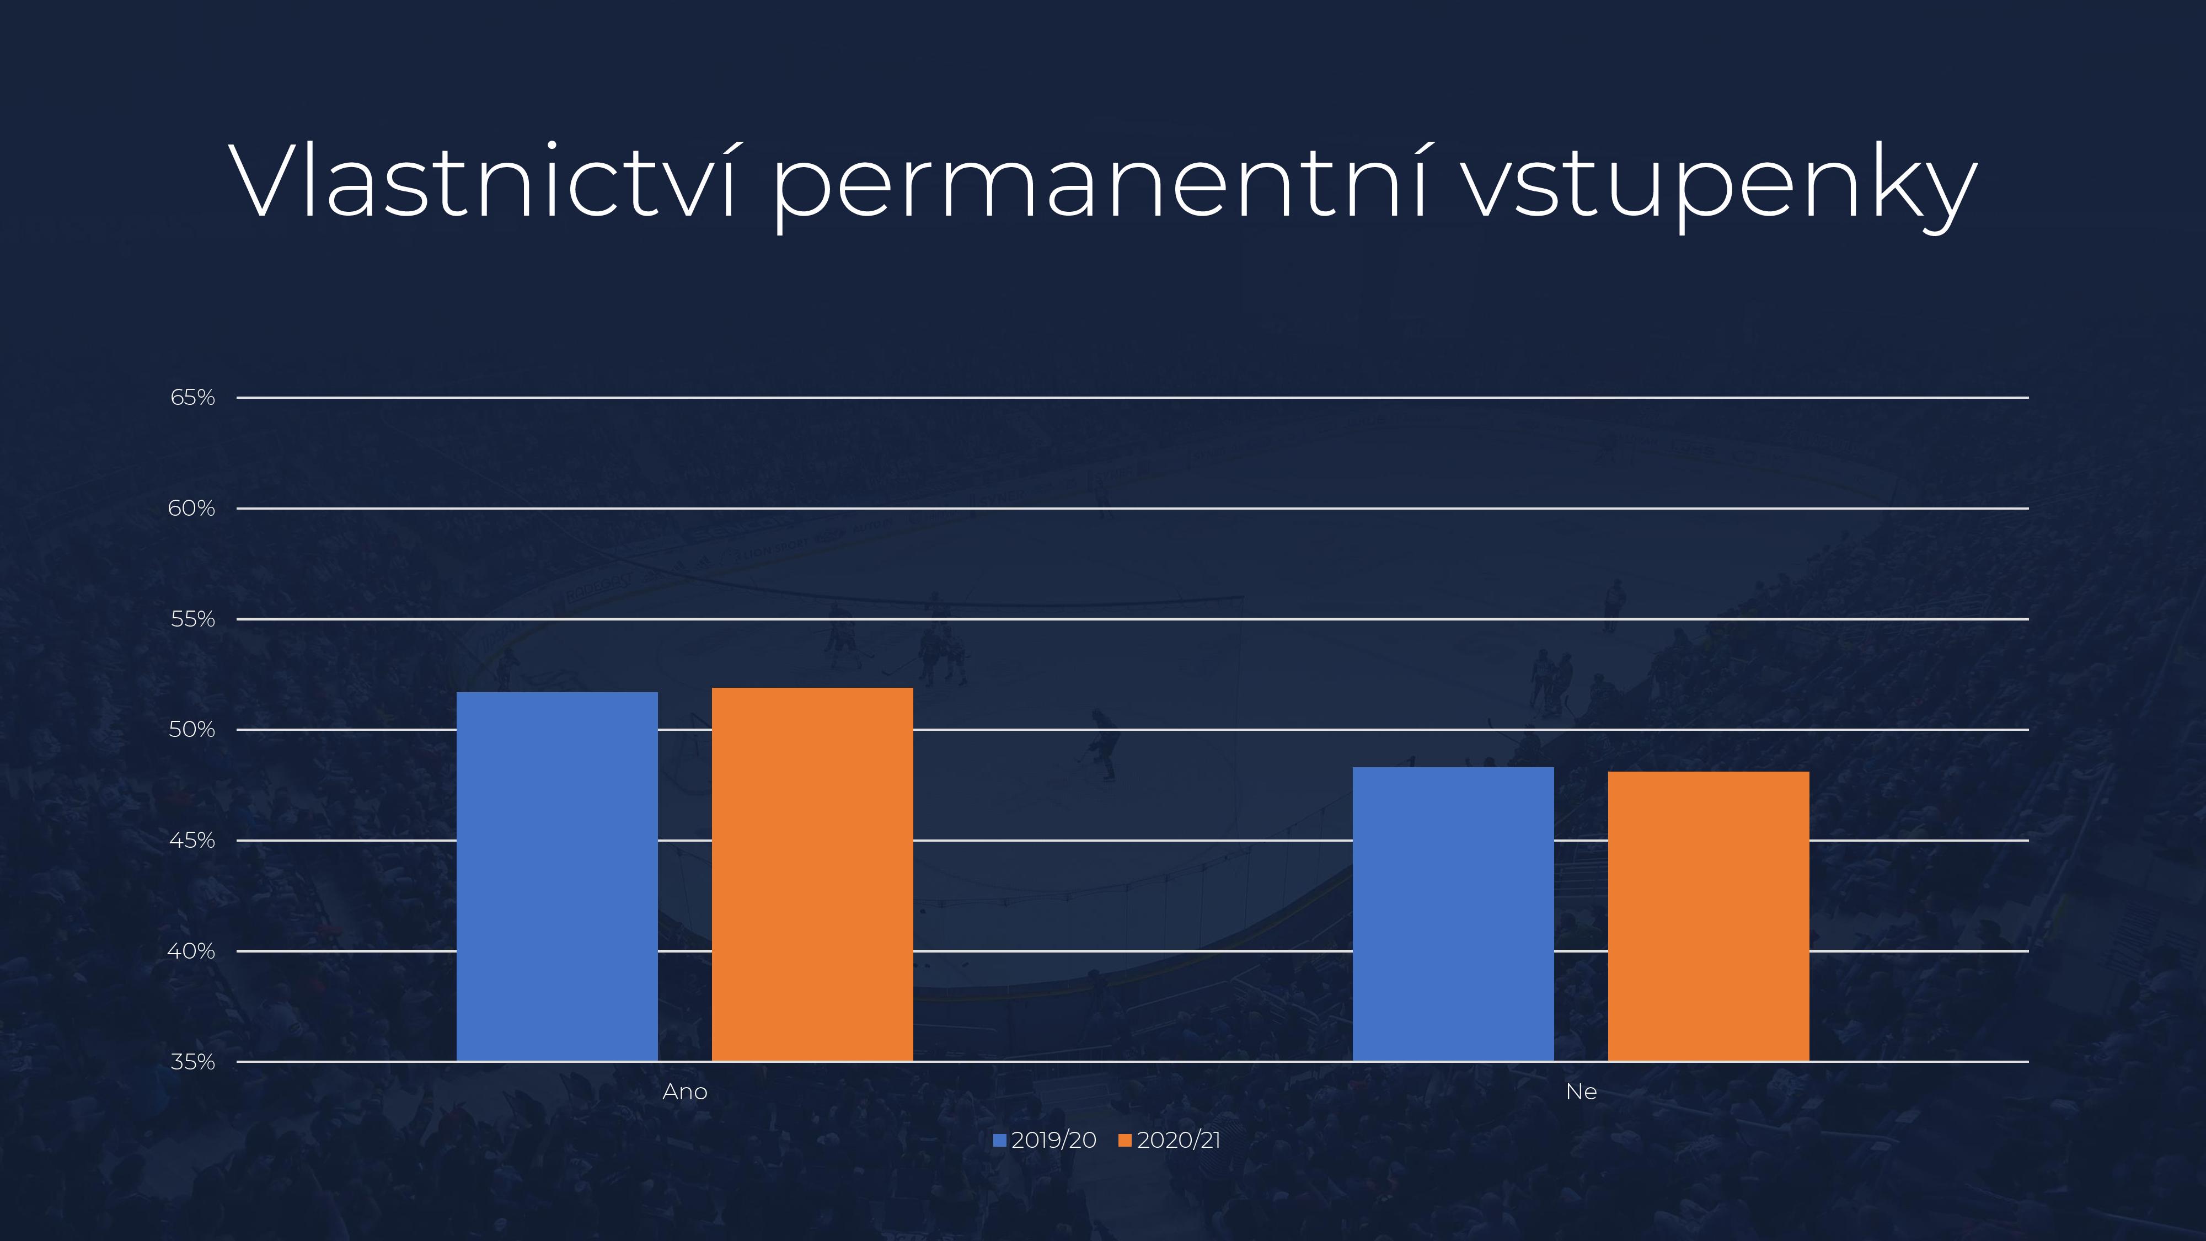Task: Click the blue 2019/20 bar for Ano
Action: pos(556,876)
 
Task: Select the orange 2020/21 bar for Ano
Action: pos(812,874)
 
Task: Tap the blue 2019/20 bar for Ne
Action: pos(1453,914)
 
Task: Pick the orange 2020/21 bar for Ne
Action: pos(1709,916)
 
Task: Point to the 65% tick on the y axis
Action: pos(192,397)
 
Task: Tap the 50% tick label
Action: pos(192,730)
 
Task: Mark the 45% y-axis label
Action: pos(192,840)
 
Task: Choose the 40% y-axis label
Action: pos(191,951)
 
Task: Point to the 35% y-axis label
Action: pos(192,1062)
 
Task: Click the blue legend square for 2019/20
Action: pos(999,1141)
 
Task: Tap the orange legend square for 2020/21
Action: pos(1125,1141)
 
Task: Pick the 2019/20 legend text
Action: pos(1053,1141)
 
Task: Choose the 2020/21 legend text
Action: pos(1179,1141)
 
